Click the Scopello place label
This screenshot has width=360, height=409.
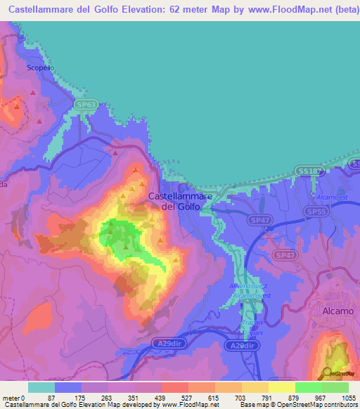(40, 67)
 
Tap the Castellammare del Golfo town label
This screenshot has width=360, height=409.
(180, 201)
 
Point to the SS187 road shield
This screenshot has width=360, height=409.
(307, 171)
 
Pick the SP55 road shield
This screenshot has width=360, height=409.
(316, 211)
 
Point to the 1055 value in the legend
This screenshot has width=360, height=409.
(348, 397)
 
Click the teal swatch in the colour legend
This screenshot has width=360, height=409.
(41, 387)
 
